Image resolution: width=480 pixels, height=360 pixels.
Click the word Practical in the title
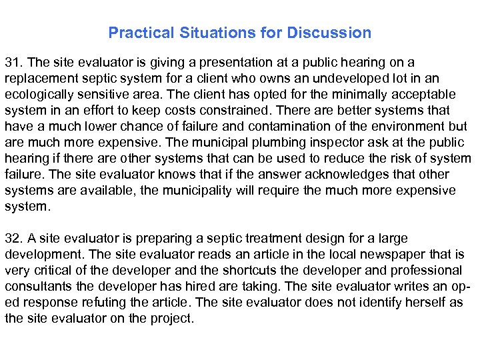(x=135, y=33)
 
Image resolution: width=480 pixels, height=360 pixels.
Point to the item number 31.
(x=13, y=63)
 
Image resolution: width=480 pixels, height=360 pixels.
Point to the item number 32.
(x=13, y=239)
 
